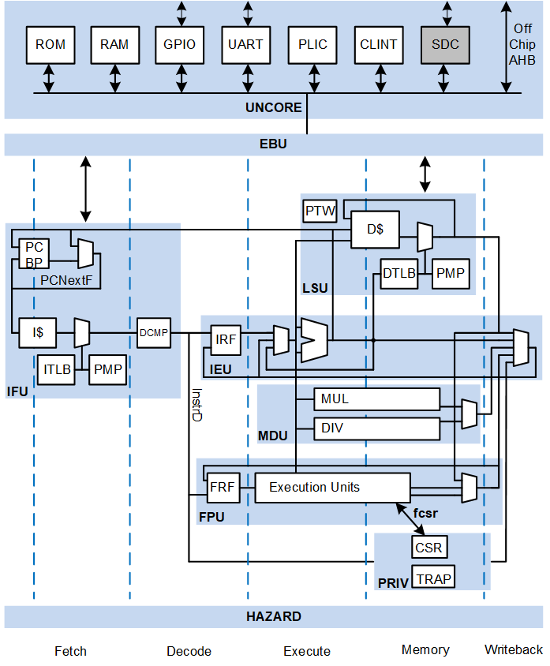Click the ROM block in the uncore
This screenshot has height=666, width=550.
click(51, 45)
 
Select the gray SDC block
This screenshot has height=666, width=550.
click(445, 45)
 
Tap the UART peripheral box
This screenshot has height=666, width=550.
click(246, 45)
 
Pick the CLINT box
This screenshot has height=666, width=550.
click(379, 45)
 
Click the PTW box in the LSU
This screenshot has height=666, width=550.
click(320, 211)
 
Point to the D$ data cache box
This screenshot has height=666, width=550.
click(375, 230)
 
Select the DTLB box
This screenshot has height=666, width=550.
click(398, 274)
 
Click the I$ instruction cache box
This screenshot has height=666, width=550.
click(38, 333)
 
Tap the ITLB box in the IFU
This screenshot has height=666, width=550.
click(56, 369)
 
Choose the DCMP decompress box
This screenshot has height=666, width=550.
click(154, 333)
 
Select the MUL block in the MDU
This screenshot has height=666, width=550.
click(376, 399)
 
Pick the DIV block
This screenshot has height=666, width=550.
click(376, 428)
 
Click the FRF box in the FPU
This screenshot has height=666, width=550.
click(222, 488)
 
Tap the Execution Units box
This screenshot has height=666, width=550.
click(332, 488)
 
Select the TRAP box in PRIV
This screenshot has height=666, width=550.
click(433, 578)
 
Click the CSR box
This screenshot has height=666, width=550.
click(428, 547)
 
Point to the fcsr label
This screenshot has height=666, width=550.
click(426, 513)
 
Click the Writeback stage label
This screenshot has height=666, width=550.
click(514, 649)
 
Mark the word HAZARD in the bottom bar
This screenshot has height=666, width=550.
click(274, 616)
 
